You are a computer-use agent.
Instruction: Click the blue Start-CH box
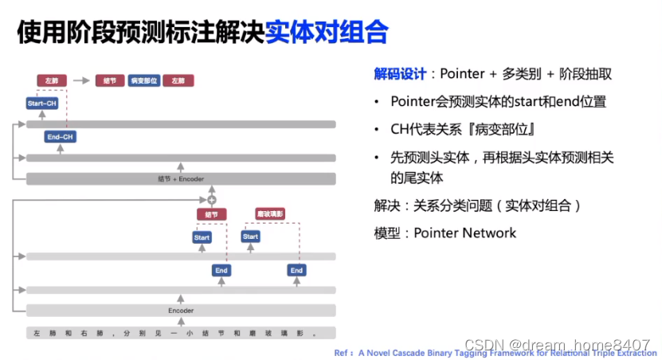click(x=41, y=103)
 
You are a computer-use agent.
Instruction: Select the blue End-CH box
click(x=61, y=137)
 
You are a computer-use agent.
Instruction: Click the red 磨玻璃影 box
click(x=270, y=213)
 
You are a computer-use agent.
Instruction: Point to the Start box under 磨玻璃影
click(x=251, y=237)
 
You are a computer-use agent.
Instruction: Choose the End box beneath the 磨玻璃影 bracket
click(x=297, y=271)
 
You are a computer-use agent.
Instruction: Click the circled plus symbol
click(x=212, y=199)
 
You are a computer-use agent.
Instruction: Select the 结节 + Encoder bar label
click(x=181, y=179)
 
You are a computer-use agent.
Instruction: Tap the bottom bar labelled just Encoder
click(x=181, y=310)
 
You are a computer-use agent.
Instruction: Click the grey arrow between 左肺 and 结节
click(x=81, y=80)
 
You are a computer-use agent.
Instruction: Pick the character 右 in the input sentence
click(x=84, y=332)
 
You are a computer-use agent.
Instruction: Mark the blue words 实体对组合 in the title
click(x=327, y=32)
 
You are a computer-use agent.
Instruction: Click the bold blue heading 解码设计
click(x=401, y=74)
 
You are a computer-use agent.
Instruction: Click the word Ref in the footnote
click(x=343, y=351)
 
